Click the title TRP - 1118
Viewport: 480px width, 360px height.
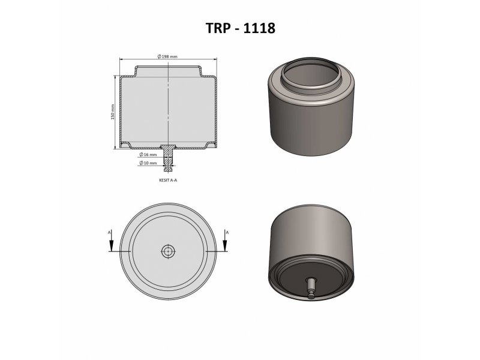point(241,28)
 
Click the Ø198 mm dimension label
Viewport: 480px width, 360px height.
point(167,56)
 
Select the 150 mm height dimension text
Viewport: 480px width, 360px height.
point(112,112)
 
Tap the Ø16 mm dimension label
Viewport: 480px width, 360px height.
point(148,155)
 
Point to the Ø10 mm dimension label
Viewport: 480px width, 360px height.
point(148,163)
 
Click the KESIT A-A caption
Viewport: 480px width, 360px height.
point(168,180)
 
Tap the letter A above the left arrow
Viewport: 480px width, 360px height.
point(109,233)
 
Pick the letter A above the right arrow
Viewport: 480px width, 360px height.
point(227,233)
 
